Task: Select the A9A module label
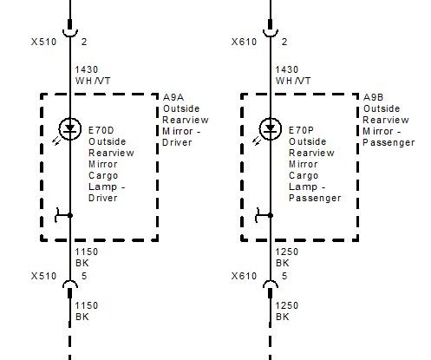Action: pyautogui.click(x=173, y=97)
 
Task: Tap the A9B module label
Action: pyautogui.click(x=374, y=97)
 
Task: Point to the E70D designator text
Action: pyautogui.click(x=101, y=130)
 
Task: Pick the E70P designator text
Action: pyautogui.click(x=301, y=130)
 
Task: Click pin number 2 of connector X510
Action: pyautogui.click(x=84, y=42)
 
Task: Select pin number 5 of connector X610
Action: pyautogui.click(x=284, y=276)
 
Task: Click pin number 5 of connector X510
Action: pyautogui.click(x=84, y=276)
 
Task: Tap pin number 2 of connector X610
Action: pyautogui.click(x=284, y=42)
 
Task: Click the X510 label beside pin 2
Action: pyautogui.click(x=43, y=42)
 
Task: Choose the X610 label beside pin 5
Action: pyautogui.click(x=244, y=276)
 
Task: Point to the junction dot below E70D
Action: pyautogui.click(x=69, y=215)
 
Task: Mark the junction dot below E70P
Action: pyautogui.click(x=271, y=215)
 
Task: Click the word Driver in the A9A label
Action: pyautogui.click(x=177, y=142)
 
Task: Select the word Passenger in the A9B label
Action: pyautogui.click(x=389, y=142)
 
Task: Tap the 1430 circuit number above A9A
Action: pyautogui.click(x=87, y=69)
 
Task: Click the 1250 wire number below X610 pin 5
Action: pyautogui.click(x=287, y=305)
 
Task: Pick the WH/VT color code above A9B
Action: pyautogui.click(x=293, y=81)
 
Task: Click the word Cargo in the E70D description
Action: pyautogui.click(x=103, y=175)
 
